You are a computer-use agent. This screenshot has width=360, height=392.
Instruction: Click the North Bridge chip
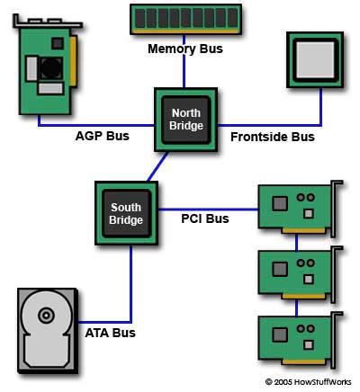tap(184, 118)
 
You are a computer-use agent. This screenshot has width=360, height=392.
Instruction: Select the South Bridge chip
tap(126, 213)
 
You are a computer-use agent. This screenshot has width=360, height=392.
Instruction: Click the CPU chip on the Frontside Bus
tap(316, 61)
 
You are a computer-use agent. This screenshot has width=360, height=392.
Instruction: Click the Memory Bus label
tap(184, 49)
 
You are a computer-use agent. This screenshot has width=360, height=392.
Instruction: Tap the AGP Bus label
tap(101, 137)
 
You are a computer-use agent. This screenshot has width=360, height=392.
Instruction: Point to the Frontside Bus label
tap(272, 137)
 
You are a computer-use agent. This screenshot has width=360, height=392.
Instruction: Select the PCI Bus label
tap(205, 218)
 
